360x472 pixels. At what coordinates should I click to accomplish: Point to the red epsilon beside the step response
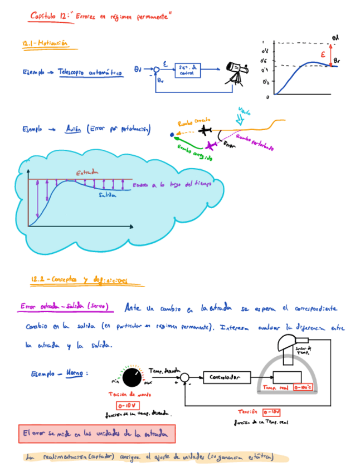tap(323, 55)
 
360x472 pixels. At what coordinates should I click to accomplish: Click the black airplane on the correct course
tap(206, 130)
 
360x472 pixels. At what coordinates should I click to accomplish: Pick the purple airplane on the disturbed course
tap(211, 146)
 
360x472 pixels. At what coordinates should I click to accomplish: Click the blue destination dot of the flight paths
tap(173, 134)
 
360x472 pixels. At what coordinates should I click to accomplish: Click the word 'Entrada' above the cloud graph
tap(87, 173)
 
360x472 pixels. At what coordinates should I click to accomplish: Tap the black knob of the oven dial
tap(132, 377)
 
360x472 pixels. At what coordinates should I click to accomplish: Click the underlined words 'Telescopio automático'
tap(90, 72)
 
